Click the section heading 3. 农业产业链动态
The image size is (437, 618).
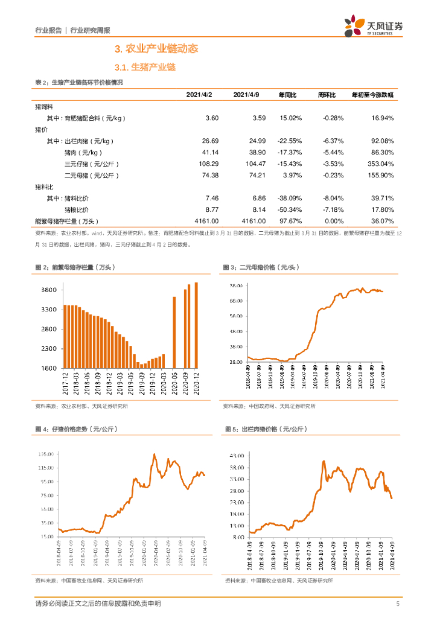[156, 48]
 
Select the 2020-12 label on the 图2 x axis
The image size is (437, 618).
[196, 381]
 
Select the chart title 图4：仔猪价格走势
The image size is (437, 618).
[76, 428]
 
